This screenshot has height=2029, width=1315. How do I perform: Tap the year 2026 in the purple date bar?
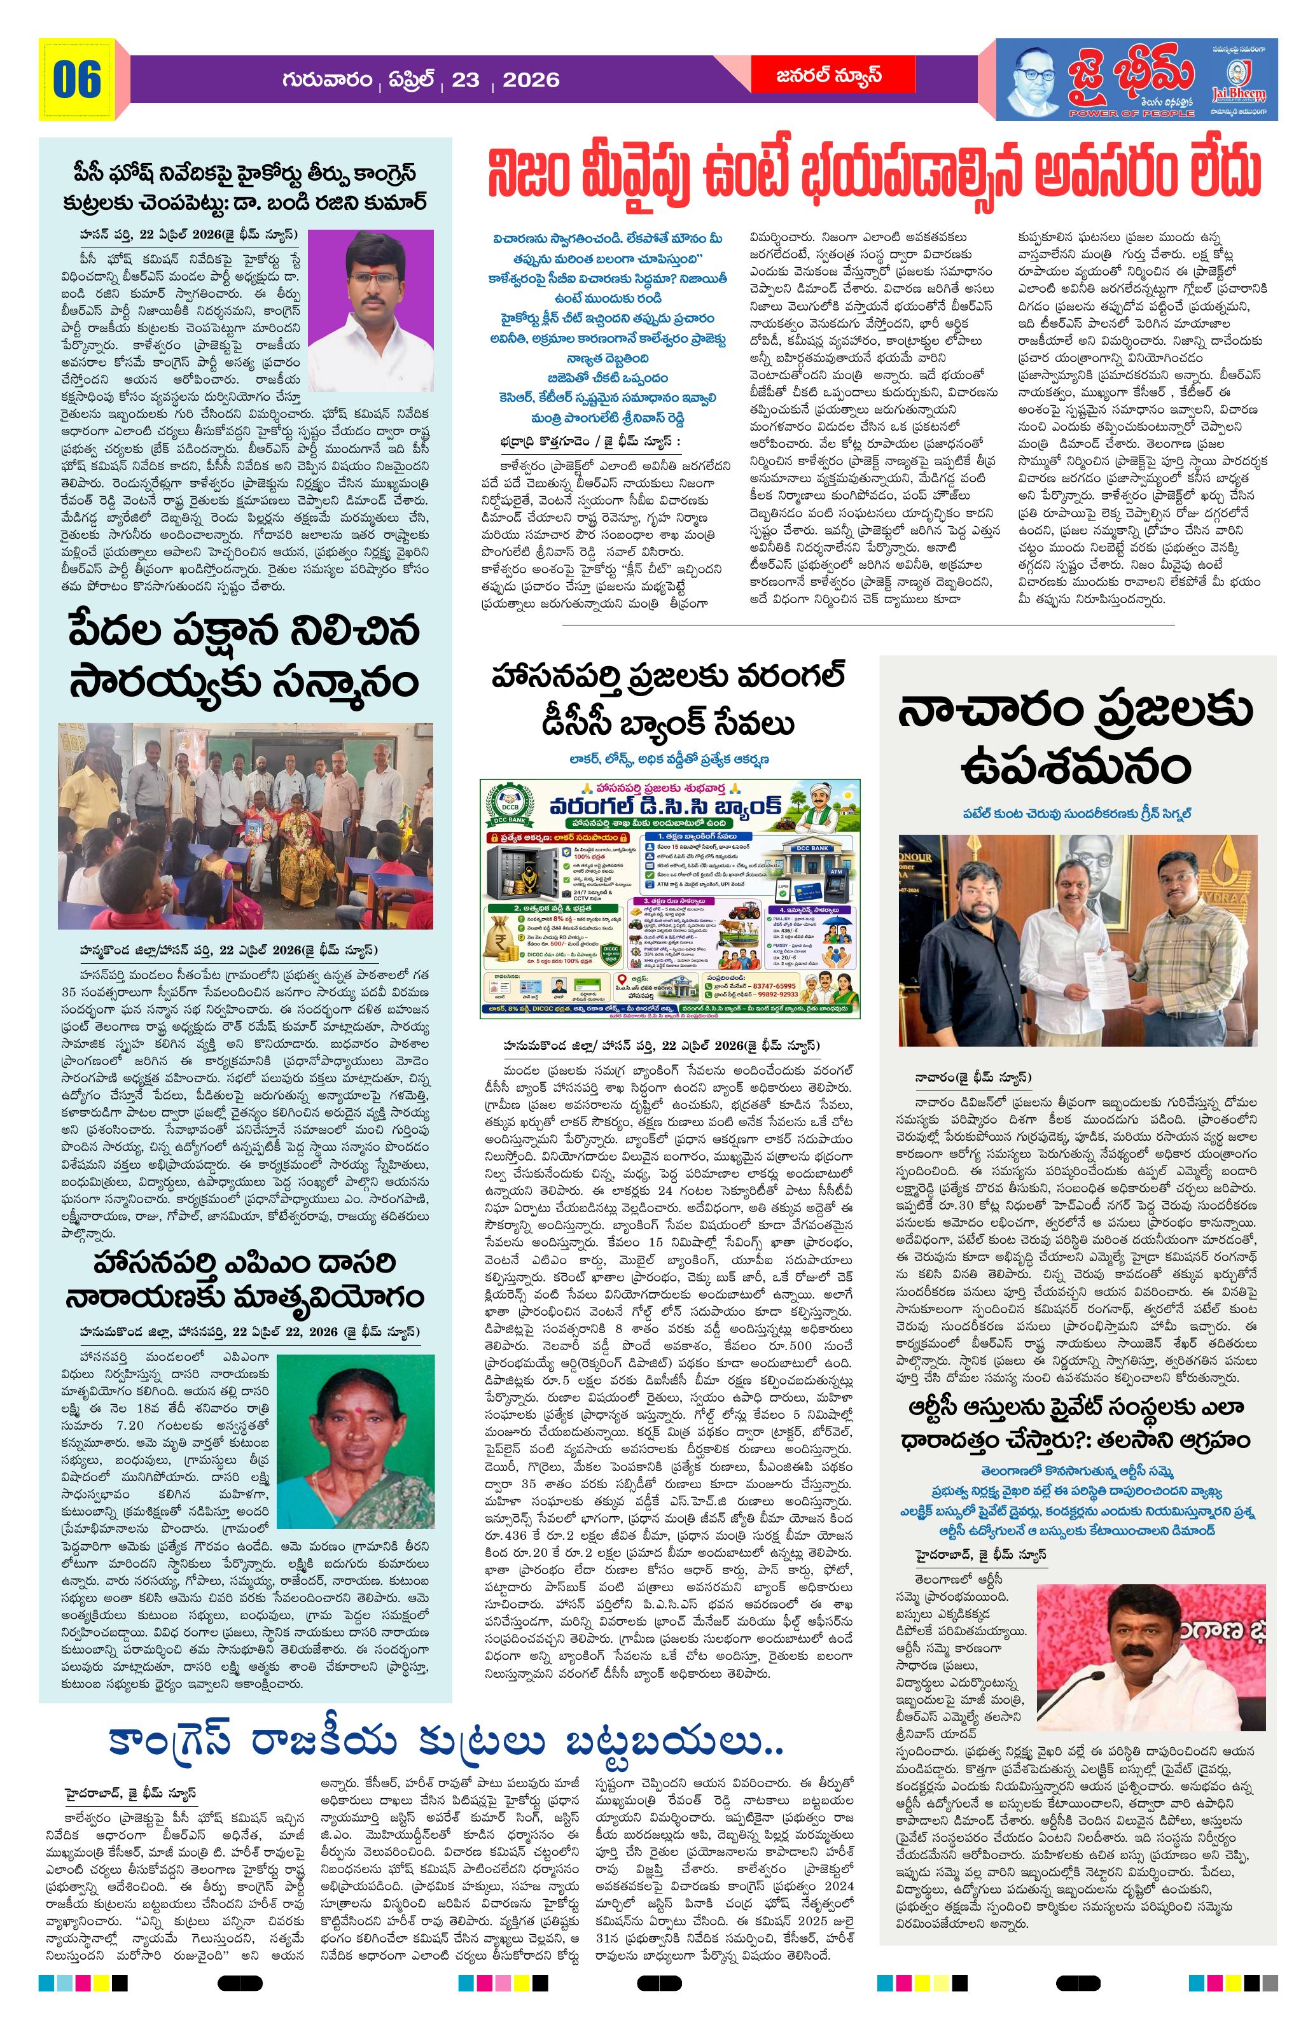coord(530,80)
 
